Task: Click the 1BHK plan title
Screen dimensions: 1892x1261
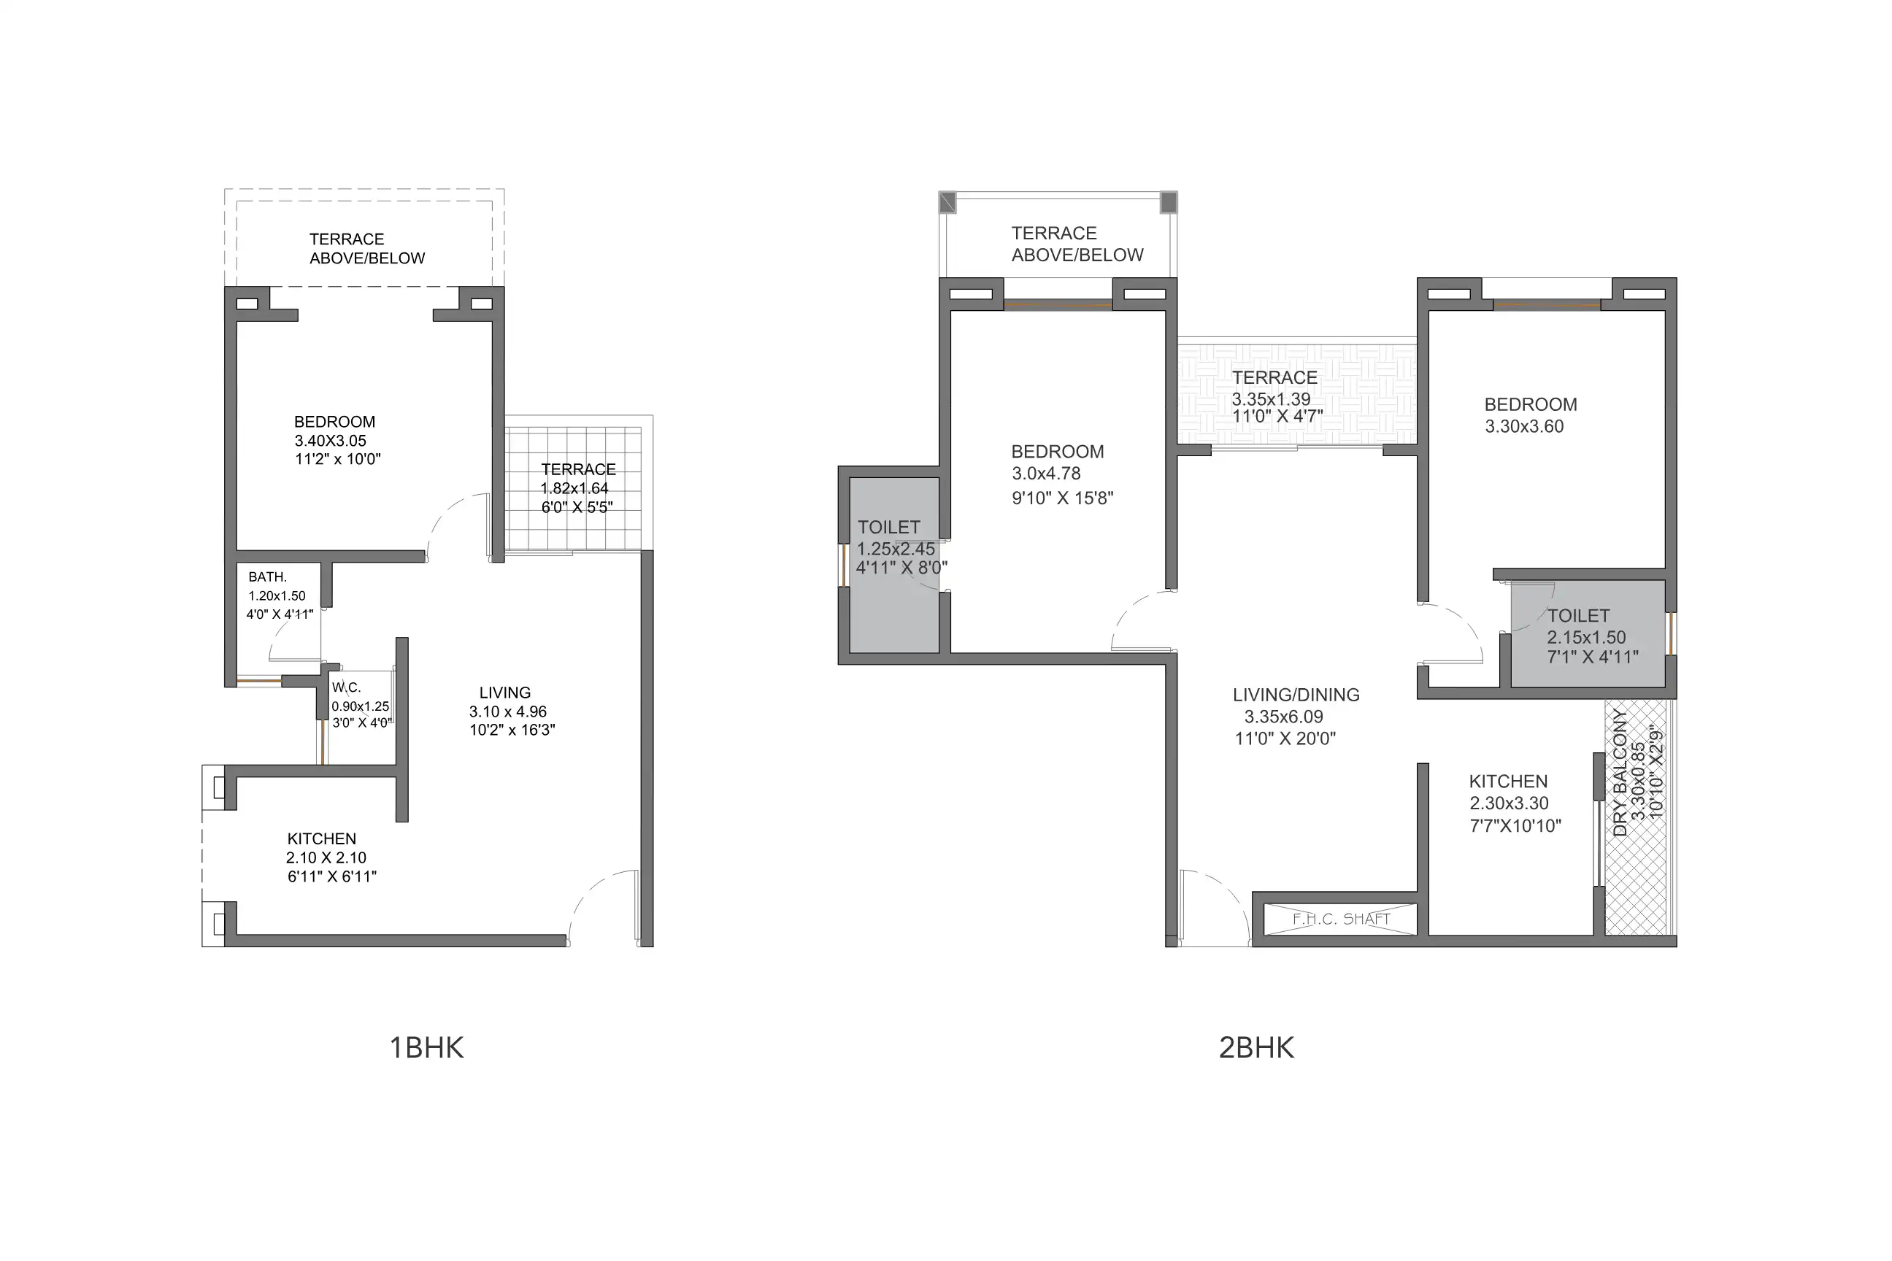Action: coord(426,1048)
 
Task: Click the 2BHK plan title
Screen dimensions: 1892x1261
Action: coord(1256,1048)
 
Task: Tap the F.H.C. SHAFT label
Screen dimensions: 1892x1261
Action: coord(1341,919)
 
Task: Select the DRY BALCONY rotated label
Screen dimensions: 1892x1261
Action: coord(1620,774)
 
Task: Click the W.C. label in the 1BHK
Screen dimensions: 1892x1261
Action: coord(347,687)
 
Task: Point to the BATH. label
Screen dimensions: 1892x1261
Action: coord(268,577)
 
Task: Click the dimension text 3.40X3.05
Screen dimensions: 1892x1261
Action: coord(331,441)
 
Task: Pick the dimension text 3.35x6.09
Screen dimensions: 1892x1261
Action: coord(1284,717)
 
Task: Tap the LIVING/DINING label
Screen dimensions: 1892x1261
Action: coord(1296,695)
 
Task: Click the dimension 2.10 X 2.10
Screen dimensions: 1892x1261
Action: coord(326,858)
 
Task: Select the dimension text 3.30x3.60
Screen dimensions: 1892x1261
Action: coord(1524,427)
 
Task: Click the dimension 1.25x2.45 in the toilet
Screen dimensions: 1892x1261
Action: coord(896,549)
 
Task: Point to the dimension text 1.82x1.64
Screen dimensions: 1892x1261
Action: coord(575,489)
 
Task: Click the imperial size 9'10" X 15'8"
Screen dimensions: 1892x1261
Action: coord(1063,498)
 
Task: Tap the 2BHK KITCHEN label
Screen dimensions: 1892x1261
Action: coord(1508,782)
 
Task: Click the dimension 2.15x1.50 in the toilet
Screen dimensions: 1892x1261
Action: coord(1586,638)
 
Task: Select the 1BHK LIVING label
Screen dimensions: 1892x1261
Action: coord(505,693)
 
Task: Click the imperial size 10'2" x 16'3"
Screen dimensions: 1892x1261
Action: coord(512,730)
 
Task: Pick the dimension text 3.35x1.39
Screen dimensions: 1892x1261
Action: coord(1271,399)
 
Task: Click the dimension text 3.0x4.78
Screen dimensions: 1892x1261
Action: coord(1047,474)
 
